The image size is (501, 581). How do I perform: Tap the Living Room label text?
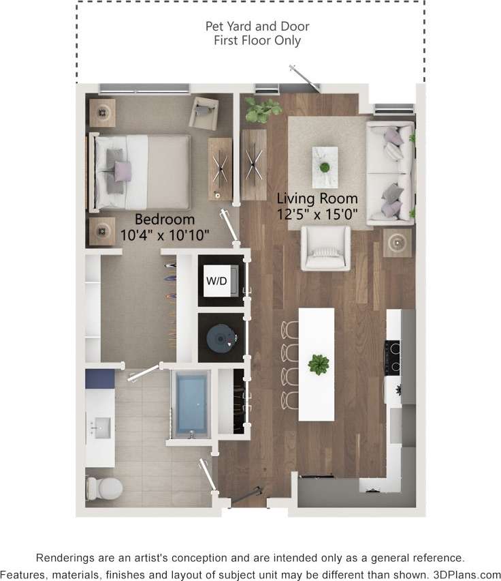(x=317, y=198)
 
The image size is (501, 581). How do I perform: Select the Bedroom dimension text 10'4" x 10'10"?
(x=164, y=235)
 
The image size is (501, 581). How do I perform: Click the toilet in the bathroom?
(x=103, y=487)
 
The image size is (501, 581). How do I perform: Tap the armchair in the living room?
(x=326, y=248)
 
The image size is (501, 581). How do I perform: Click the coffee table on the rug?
(x=325, y=166)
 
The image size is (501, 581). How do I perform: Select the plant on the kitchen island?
(x=318, y=364)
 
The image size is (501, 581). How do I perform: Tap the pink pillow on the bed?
(x=122, y=170)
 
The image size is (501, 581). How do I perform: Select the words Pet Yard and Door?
(x=257, y=27)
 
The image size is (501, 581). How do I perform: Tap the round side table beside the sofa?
(x=397, y=242)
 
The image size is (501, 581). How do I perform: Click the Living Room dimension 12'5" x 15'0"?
(x=317, y=213)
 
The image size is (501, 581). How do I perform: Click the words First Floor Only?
(x=257, y=41)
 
